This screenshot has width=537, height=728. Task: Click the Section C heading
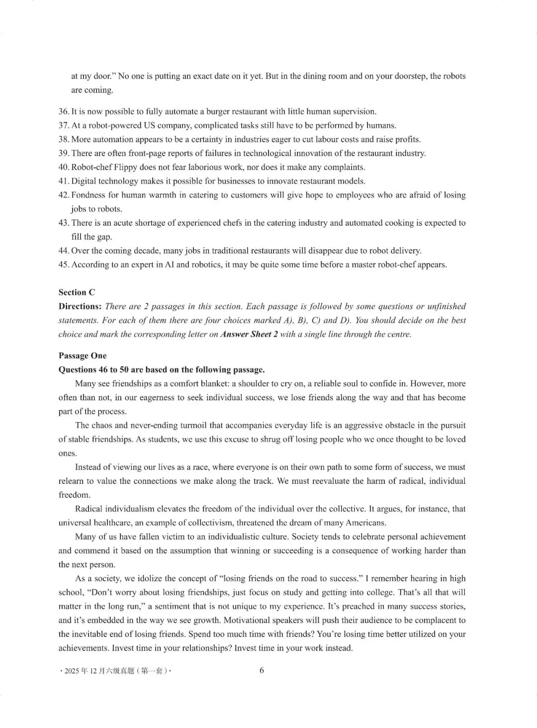pyautogui.click(x=77, y=292)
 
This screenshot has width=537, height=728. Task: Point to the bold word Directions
pyautogui.click(x=80, y=306)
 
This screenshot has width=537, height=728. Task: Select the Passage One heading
pyautogui.click(x=83, y=356)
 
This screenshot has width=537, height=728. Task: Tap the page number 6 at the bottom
pyautogui.click(x=262, y=670)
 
